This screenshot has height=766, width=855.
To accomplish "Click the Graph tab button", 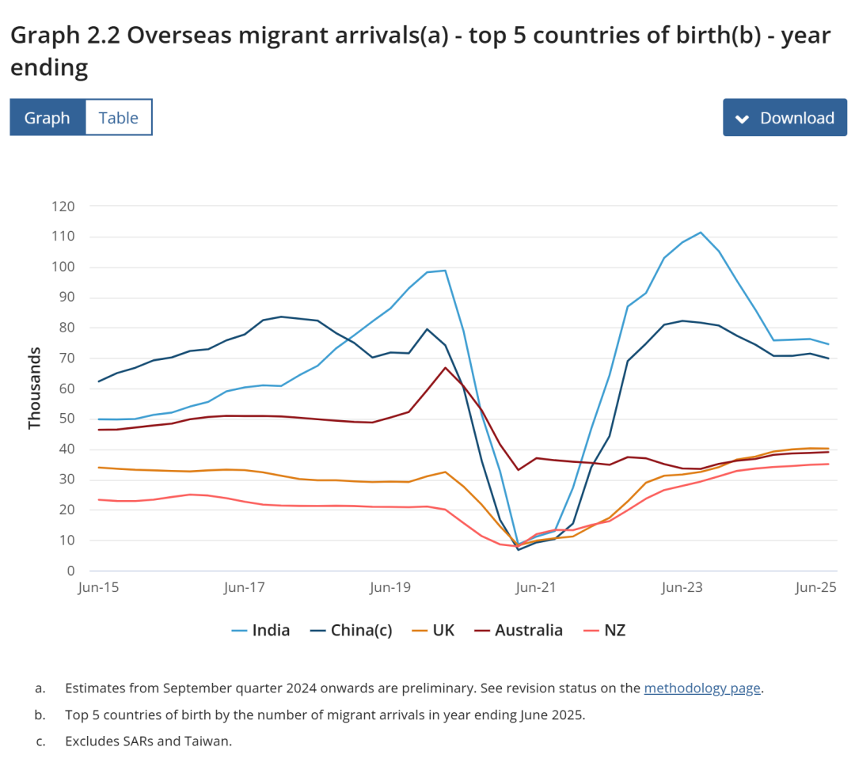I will pos(47,118).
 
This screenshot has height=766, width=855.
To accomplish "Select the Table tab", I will pos(119,118).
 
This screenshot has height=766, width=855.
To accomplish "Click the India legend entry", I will pos(261,631).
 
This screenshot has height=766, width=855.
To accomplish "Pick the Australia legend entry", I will pos(519,631).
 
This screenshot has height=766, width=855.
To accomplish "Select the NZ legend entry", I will pos(605,631).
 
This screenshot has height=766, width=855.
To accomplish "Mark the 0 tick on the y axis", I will pos(70,571).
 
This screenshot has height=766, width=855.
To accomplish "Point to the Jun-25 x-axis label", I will pos(816,588).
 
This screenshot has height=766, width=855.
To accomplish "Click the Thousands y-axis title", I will pos(34,388).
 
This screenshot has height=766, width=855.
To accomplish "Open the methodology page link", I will pos(702,688).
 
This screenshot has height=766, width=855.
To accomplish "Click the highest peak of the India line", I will pos(701,233).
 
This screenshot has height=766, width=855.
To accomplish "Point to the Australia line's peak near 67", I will pos(446,367).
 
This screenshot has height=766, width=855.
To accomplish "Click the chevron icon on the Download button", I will pos(742,119).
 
